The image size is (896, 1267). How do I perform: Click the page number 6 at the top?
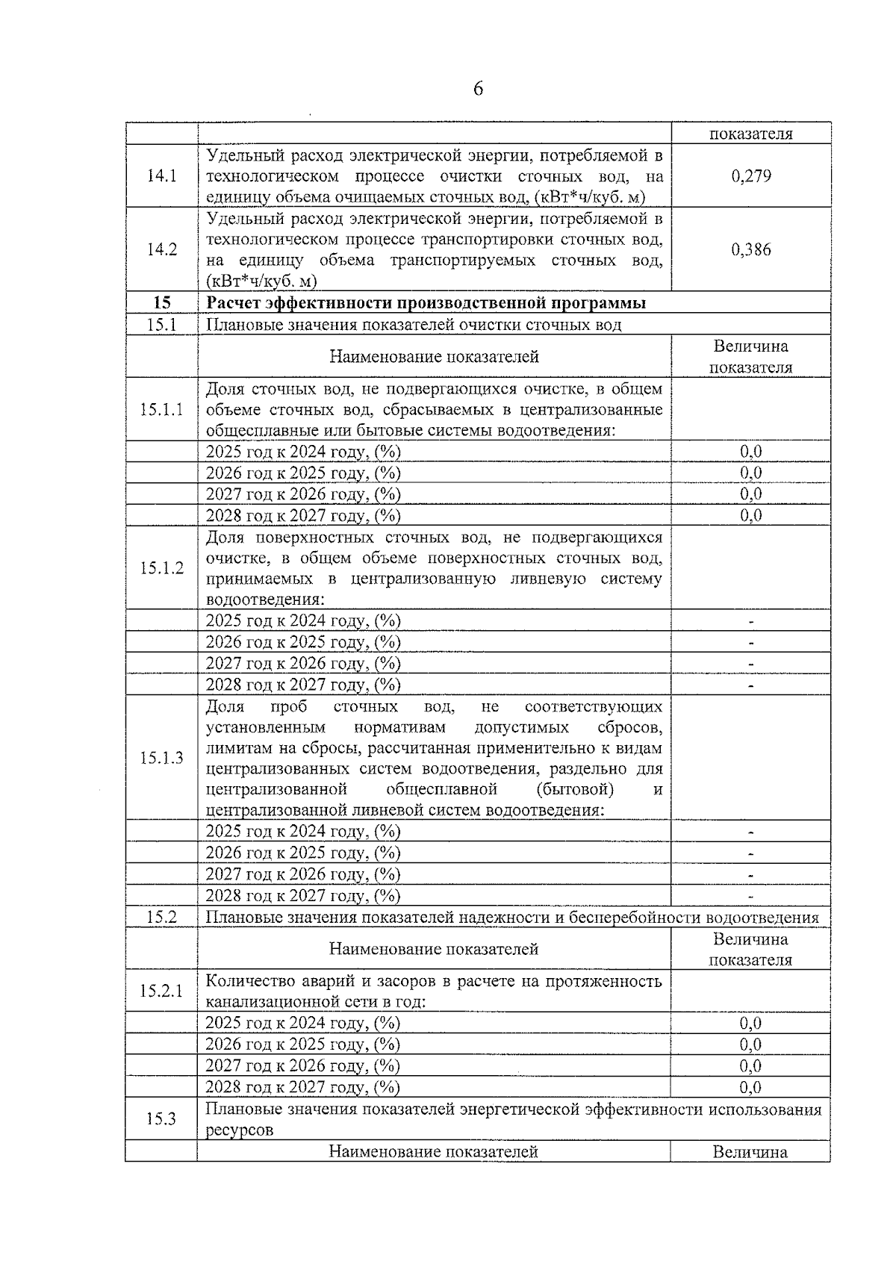[x=478, y=90]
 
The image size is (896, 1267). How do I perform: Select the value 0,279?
[x=750, y=176]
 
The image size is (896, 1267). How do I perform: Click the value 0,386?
[x=750, y=249]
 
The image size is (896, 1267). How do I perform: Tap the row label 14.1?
[x=161, y=176]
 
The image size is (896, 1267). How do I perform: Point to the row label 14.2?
[x=161, y=249]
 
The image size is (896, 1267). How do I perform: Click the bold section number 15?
[x=161, y=302]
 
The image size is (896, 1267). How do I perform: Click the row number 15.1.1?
[x=161, y=410]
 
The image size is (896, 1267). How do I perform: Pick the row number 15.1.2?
[x=161, y=568]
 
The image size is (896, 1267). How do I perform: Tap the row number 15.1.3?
[x=161, y=758]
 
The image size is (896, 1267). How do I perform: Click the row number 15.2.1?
[x=161, y=992]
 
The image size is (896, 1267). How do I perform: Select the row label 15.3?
[x=161, y=1119]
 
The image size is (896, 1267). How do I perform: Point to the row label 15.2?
[x=161, y=918]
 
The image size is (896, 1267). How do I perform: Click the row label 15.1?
[x=161, y=324]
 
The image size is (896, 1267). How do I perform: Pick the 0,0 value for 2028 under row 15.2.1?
[x=750, y=1087]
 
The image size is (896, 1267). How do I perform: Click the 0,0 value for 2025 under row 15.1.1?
[x=750, y=452]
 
